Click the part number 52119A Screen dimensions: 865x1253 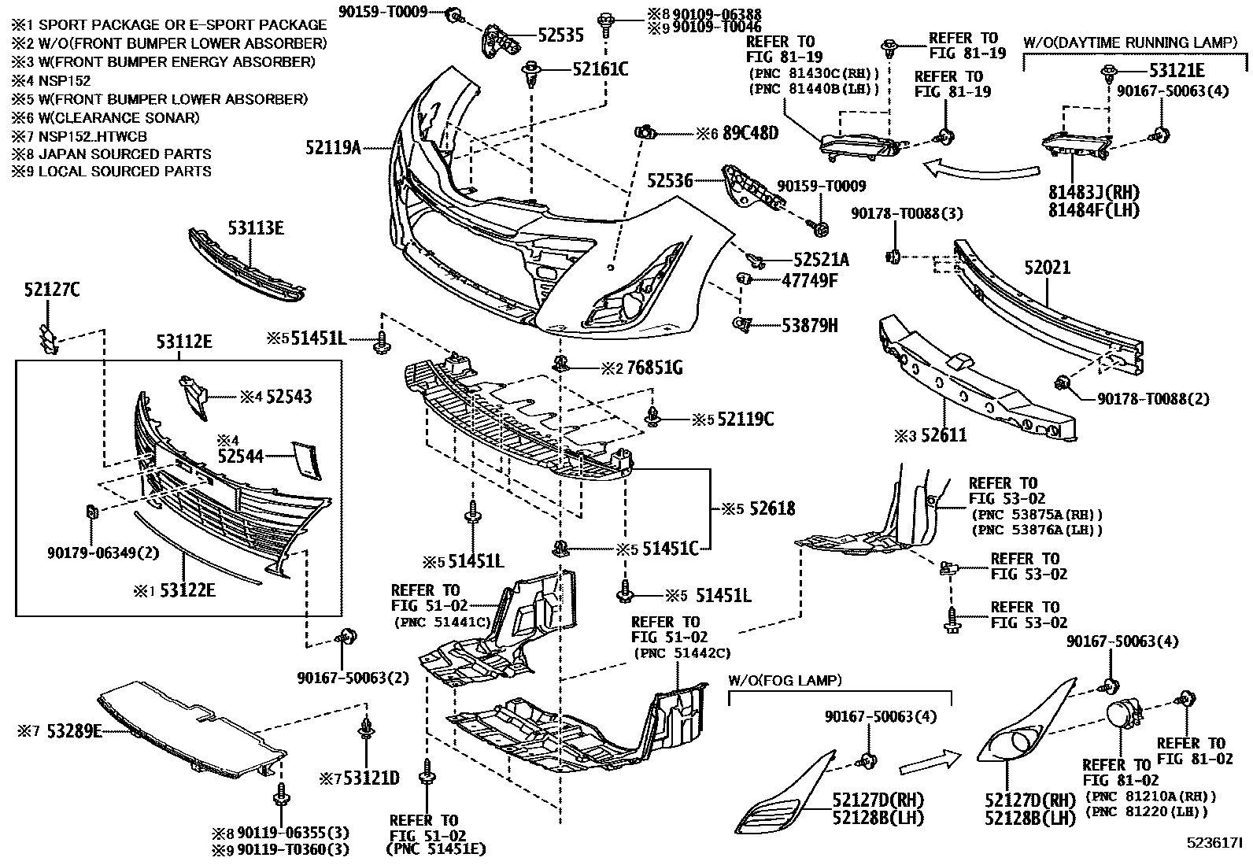click(333, 147)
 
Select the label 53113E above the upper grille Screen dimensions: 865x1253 click(256, 228)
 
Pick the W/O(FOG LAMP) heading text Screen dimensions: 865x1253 click(784, 680)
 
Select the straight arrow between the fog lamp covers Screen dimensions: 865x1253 click(929, 761)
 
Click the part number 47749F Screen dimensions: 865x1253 click(809, 279)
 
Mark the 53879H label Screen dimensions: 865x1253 click(809, 324)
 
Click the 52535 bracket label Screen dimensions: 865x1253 click(560, 35)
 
